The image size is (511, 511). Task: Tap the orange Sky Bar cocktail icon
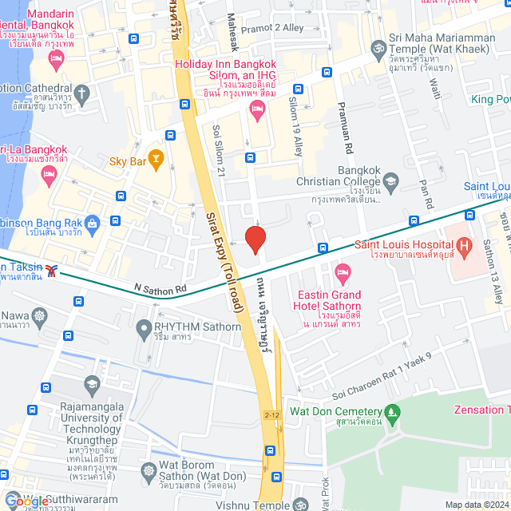tap(156, 160)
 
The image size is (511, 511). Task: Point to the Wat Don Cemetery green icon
tap(391, 412)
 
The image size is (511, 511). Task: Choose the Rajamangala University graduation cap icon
tap(92, 386)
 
